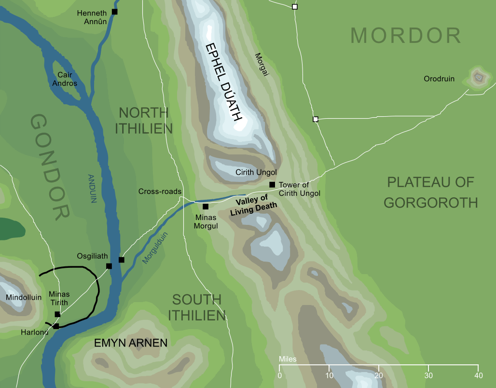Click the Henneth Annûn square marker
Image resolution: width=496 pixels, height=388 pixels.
tap(114, 12)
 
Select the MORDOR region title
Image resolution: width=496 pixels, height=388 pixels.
tap(406, 36)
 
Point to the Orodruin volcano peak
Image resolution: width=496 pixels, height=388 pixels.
tap(479, 76)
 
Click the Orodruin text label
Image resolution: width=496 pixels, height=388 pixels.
tap(439, 79)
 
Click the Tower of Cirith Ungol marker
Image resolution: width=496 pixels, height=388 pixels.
tap(272, 184)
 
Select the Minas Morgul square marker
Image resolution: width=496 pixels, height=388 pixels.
tap(206, 207)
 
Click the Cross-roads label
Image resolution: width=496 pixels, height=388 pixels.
tap(159, 191)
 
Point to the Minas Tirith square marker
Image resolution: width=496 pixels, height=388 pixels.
tap(57, 314)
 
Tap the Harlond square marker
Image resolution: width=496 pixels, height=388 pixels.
tap(56, 326)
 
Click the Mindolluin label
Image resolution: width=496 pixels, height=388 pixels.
tap(23, 298)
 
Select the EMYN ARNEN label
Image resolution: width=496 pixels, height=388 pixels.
tap(131, 344)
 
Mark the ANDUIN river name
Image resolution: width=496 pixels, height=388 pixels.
tap(93, 188)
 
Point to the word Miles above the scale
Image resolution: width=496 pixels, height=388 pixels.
tap(288, 360)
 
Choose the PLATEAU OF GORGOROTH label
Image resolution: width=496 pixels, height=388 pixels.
tap(431, 192)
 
